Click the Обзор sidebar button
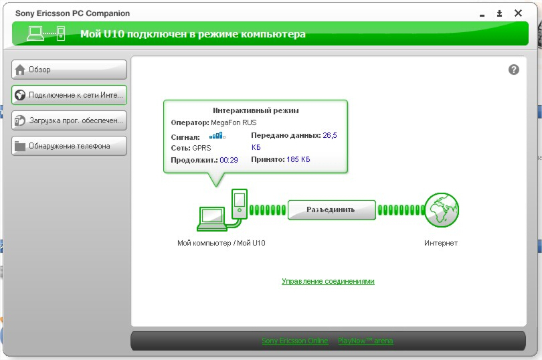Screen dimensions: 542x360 point(69,70)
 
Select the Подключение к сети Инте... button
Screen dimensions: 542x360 point(69,95)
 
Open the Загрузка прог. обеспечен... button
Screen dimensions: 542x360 point(69,120)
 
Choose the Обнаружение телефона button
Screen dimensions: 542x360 point(69,146)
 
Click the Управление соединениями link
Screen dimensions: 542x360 point(328,281)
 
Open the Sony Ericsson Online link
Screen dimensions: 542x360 point(295,341)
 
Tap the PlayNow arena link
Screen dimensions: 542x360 point(365,341)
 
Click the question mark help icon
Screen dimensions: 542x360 point(514,70)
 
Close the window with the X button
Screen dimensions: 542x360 point(518,13)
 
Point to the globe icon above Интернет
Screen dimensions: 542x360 point(442,210)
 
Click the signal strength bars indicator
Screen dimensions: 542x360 point(217,136)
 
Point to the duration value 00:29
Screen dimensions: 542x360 point(229,160)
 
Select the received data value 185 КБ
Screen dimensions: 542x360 point(298,159)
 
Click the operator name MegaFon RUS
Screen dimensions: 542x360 point(234,122)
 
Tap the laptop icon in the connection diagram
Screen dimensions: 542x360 point(211,219)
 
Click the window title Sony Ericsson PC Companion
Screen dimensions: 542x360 point(72,13)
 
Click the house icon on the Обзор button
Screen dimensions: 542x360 point(20,70)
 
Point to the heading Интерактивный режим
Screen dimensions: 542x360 point(256,110)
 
